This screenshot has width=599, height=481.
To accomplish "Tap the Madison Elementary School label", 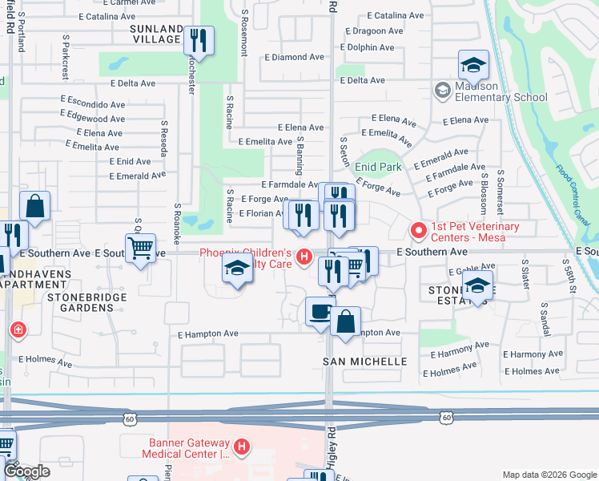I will point(501,92).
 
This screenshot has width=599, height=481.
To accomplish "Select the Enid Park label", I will point(378,167).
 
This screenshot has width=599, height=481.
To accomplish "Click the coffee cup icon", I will point(320,311).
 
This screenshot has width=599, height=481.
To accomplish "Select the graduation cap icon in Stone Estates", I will point(477,285).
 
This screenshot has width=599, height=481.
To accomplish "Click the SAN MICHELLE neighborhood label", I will point(364,362).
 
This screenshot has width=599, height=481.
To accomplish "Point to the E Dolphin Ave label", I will point(367,47).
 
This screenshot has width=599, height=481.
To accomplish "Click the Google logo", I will point(26,471).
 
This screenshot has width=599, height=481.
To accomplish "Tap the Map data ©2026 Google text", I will point(549,475).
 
